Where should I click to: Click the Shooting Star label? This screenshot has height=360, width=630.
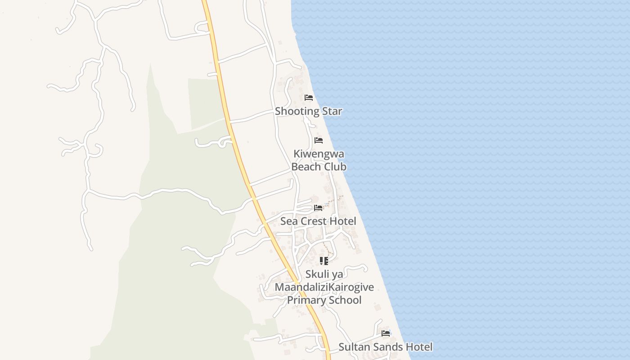pyautogui.click(x=309, y=111)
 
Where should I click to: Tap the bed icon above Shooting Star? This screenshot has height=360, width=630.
pyautogui.click(x=309, y=98)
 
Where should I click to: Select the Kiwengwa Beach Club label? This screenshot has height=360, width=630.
pyautogui.click(x=319, y=160)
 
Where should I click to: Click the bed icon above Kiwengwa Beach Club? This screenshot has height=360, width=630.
pyautogui.click(x=319, y=140)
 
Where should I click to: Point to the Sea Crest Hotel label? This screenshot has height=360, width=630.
pyautogui.click(x=318, y=221)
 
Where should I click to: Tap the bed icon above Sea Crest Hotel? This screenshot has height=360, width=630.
pyautogui.click(x=318, y=207)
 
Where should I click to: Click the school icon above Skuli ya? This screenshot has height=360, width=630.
pyautogui.click(x=324, y=261)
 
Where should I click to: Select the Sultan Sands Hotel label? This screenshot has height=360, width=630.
pyautogui.click(x=385, y=347)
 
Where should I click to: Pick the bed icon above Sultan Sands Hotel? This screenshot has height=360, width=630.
pyautogui.click(x=386, y=333)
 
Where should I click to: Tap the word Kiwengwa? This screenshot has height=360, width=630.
pyautogui.click(x=319, y=154)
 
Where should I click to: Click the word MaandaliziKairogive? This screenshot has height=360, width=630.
pyautogui.click(x=324, y=287)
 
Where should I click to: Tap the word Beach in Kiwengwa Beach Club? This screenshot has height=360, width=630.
pyautogui.click(x=306, y=167)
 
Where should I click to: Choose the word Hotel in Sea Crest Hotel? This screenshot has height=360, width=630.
pyautogui.click(x=343, y=221)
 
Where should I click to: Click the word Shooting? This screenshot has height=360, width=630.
pyautogui.click(x=297, y=111)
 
